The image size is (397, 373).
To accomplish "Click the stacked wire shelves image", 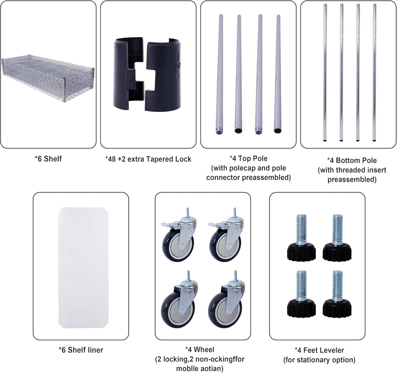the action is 48,79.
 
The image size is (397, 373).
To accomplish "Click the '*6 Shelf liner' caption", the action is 81,350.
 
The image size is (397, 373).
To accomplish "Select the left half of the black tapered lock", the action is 128,73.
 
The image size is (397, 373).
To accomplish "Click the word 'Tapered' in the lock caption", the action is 161,159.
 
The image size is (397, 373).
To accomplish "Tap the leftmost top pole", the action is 219,74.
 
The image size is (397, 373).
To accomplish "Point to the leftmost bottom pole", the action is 325,72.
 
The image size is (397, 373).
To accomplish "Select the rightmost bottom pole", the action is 375,72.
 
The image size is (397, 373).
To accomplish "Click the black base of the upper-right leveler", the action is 337,252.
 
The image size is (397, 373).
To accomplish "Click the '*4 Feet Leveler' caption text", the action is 319,350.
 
